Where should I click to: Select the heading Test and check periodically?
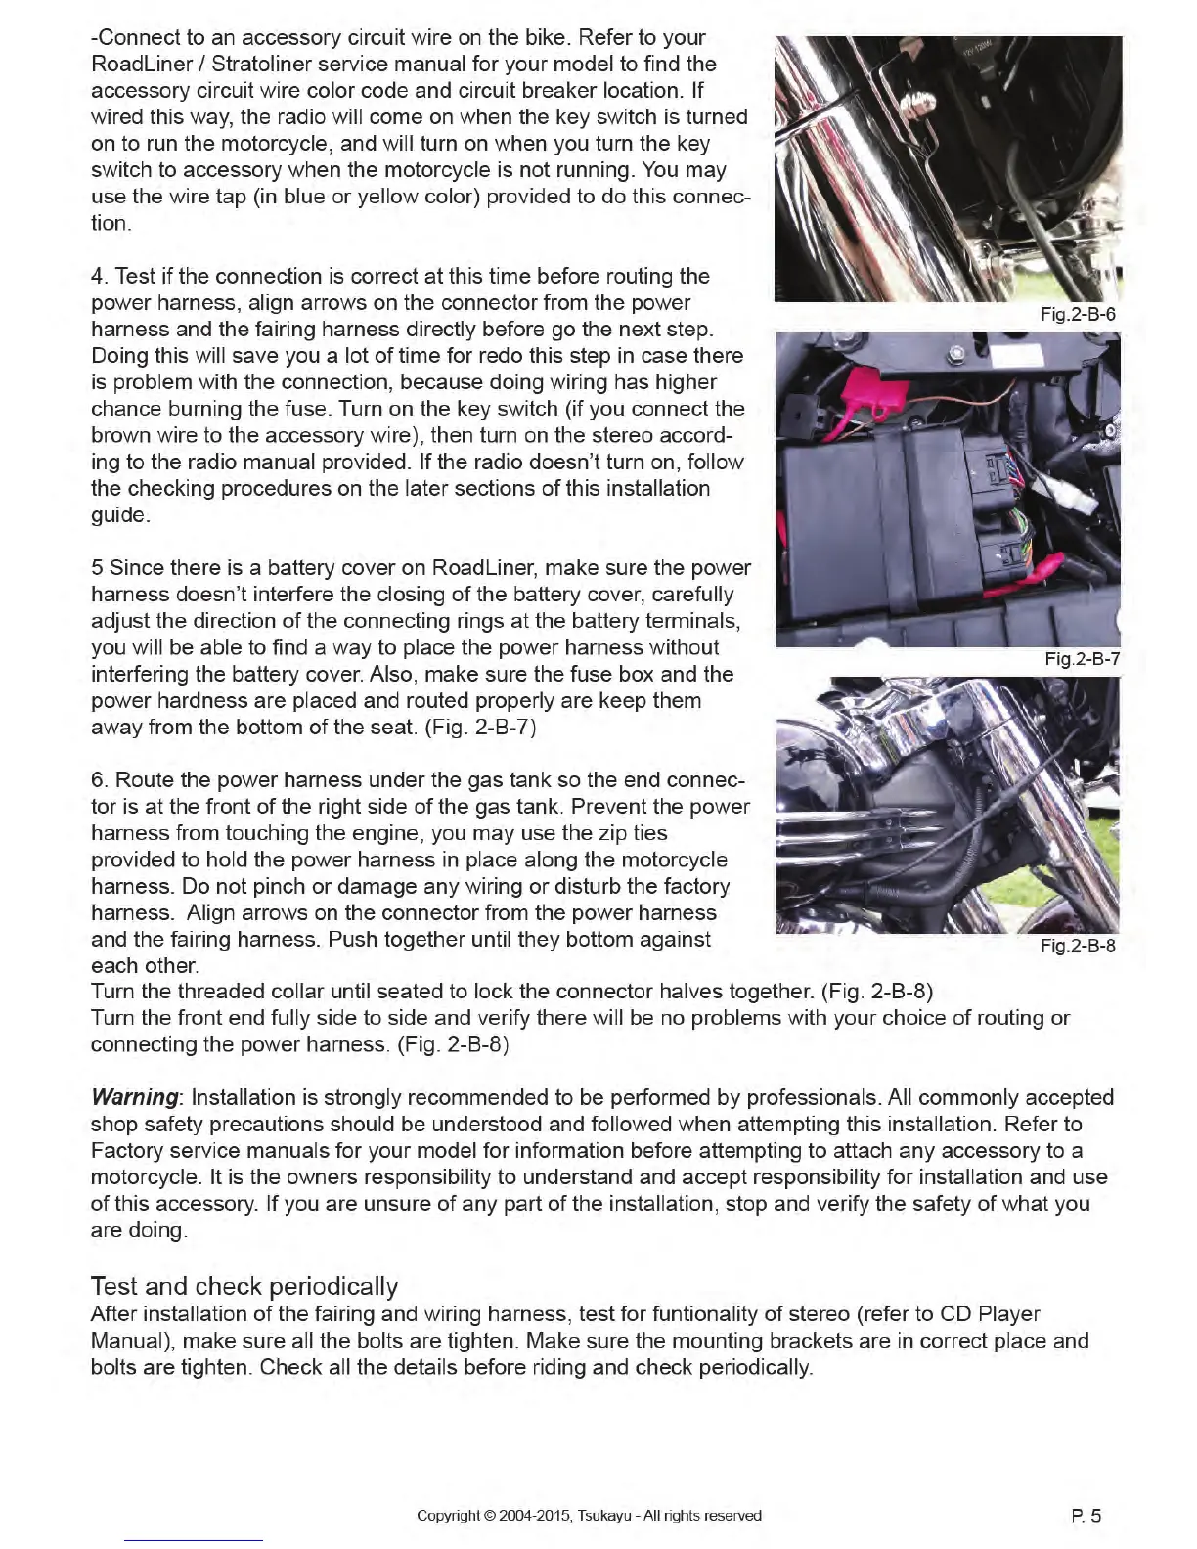click(x=244, y=1286)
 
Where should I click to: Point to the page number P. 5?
click(x=1086, y=1517)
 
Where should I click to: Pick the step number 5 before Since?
click(x=97, y=568)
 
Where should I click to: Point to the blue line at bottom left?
click(x=194, y=1540)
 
